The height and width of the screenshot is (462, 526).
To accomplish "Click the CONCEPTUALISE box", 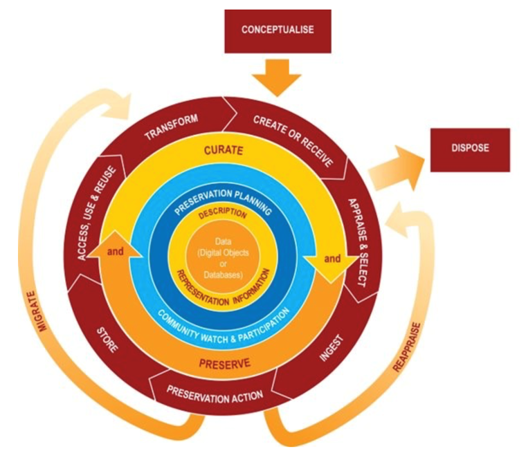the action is tap(278, 31).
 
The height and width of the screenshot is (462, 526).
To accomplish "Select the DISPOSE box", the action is tap(470, 150).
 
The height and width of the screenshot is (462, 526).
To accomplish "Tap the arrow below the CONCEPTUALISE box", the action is tap(277, 77).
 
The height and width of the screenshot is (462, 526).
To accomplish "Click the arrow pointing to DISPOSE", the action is tap(396, 167).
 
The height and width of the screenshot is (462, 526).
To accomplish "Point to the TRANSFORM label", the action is tap(171, 127).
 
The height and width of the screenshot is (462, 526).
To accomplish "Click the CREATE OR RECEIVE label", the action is tap(293, 140).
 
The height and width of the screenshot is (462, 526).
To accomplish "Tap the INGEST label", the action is tap(332, 348).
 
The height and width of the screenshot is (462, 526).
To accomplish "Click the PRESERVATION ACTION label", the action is tap(215, 394).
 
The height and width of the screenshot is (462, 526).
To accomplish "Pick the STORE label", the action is tap(107, 340).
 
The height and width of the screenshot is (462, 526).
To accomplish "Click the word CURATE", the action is tap(224, 150).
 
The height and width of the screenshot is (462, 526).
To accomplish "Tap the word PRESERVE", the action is tap(224, 364).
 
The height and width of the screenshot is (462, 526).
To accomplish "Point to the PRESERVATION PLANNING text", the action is tap(223, 201).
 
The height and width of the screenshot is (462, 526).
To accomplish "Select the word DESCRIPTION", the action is tap(222, 213).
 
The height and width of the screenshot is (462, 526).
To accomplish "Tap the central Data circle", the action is tap(223, 258).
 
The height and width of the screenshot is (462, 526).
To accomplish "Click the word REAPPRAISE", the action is tap(406, 347).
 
